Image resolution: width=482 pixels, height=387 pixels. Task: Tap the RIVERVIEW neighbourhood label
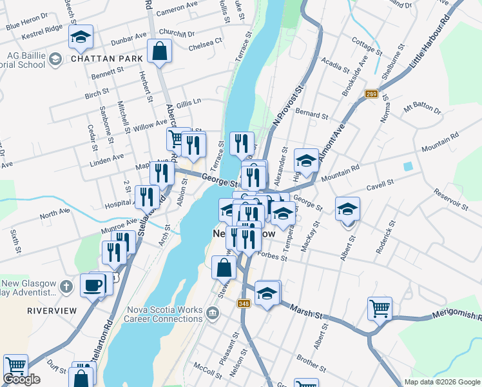point(48,310)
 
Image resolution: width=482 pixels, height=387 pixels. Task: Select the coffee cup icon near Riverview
point(93,284)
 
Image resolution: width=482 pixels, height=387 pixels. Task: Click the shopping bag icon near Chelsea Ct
point(159,50)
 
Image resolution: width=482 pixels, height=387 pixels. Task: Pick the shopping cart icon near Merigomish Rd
point(380,308)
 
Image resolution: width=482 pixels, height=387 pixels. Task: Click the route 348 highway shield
point(244,304)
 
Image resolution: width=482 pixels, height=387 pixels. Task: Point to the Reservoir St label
point(451,197)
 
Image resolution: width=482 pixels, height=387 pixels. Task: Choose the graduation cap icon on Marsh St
point(267,293)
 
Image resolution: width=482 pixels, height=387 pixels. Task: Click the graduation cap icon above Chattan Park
point(81,37)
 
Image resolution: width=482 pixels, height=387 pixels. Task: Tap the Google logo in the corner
point(22,379)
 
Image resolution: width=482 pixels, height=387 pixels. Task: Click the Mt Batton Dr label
point(422,109)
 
